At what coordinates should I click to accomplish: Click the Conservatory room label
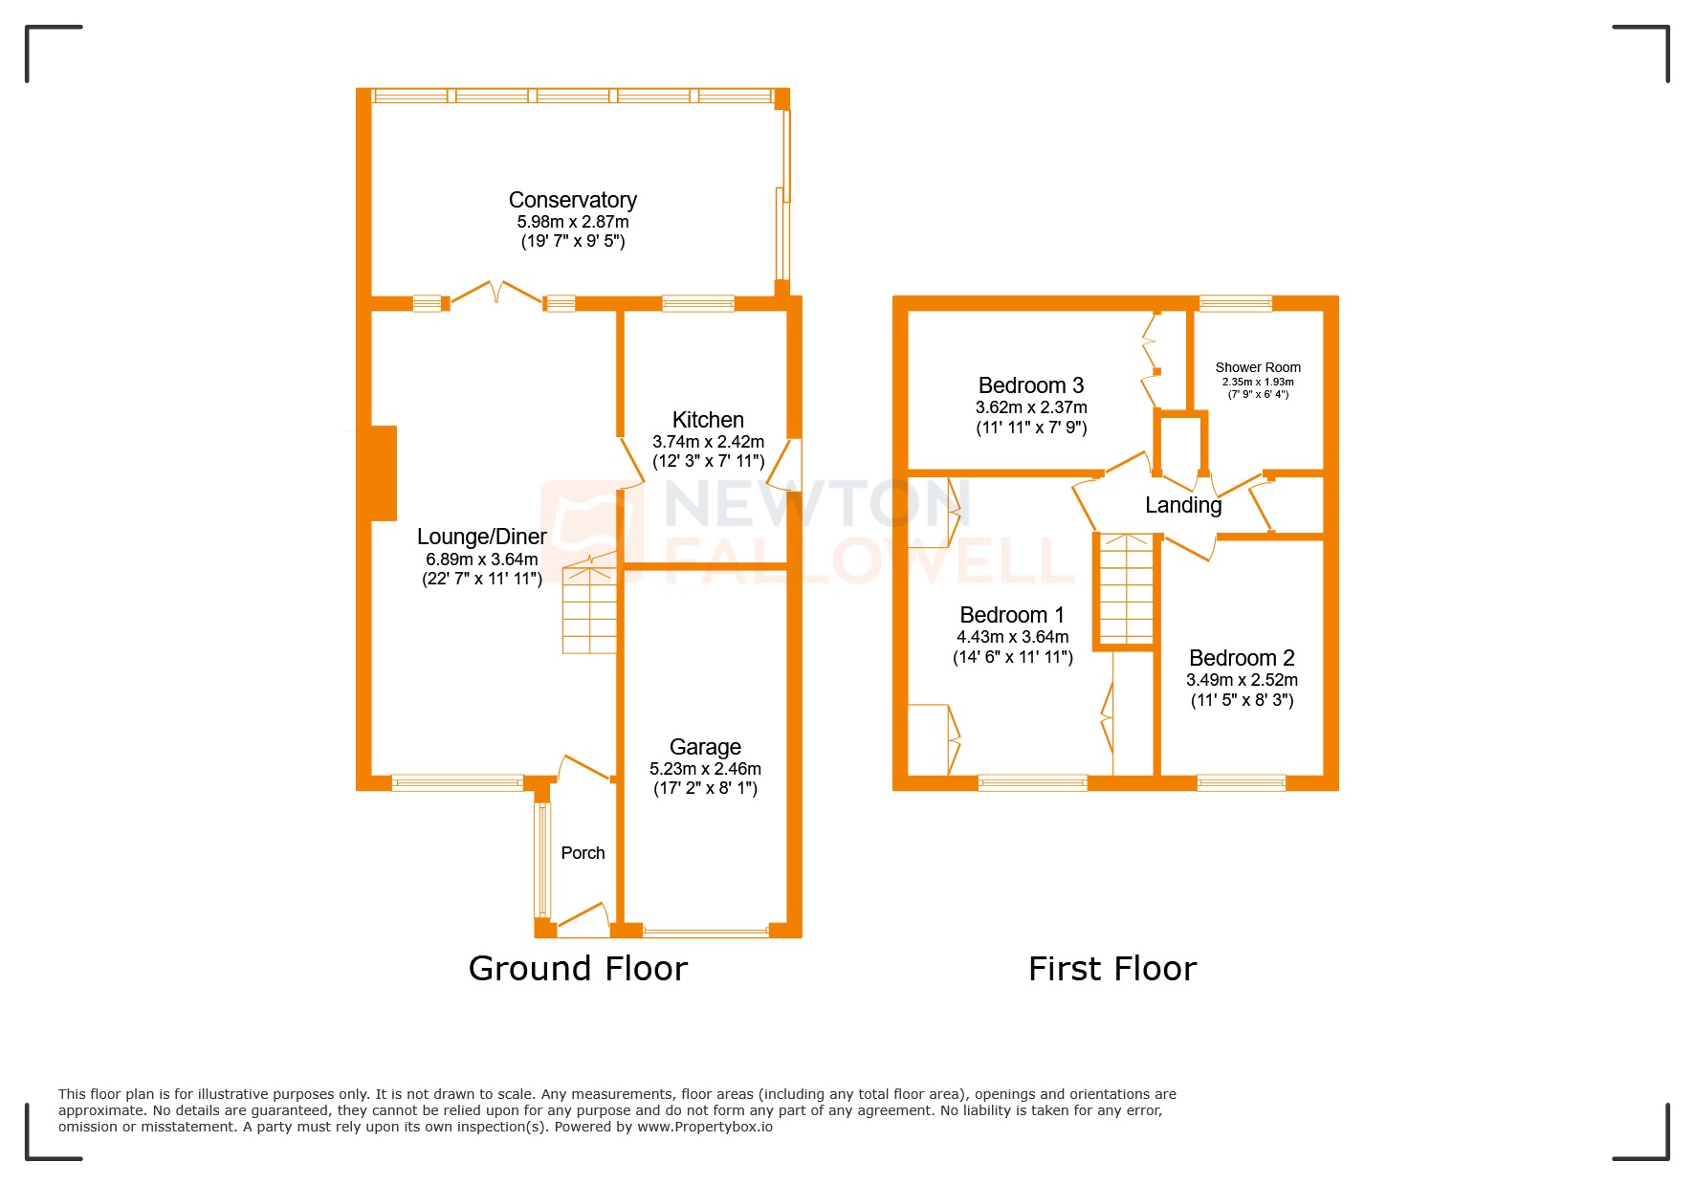click(x=572, y=200)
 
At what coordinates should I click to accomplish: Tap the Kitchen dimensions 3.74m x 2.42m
click(x=708, y=442)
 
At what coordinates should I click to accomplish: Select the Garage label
click(x=705, y=747)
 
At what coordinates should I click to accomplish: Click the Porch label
click(x=583, y=853)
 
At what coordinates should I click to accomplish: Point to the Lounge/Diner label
click(x=481, y=537)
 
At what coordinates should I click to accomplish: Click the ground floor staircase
click(x=589, y=609)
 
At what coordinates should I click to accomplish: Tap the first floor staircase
click(x=1126, y=589)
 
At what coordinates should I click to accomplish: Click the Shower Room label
click(x=1257, y=367)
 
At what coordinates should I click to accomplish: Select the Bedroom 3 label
click(x=1030, y=385)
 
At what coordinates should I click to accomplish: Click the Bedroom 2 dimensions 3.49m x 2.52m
click(x=1242, y=680)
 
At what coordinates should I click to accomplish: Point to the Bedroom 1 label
click(x=1011, y=615)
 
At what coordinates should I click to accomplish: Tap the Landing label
click(x=1183, y=505)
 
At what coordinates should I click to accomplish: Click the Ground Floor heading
click(x=578, y=969)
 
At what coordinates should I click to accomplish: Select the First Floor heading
click(x=1111, y=969)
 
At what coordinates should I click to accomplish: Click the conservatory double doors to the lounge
click(x=495, y=293)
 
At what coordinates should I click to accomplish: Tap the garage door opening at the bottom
click(x=706, y=931)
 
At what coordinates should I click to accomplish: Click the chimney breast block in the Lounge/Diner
click(x=383, y=473)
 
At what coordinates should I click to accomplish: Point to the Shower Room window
click(x=1236, y=303)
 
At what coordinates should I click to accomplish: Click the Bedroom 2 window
click(x=1241, y=782)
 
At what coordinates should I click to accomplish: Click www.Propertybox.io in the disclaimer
click(x=705, y=1127)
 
